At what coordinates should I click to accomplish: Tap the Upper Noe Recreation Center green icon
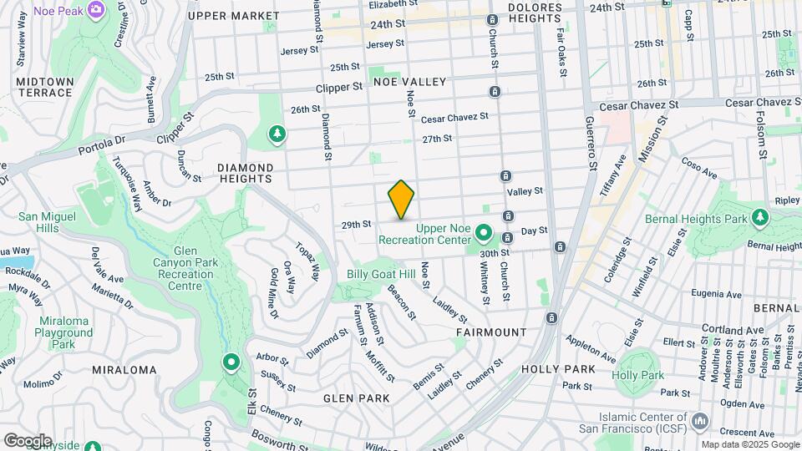click(x=483, y=233)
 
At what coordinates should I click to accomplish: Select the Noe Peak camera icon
click(x=95, y=9)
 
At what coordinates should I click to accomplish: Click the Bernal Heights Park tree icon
click(x=759, y=218)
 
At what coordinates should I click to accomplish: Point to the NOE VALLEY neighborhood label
click(x=410, y=82)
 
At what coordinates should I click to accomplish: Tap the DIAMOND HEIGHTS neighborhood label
click(x=246, y=172)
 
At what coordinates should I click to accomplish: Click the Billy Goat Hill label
click(x=381, y=275)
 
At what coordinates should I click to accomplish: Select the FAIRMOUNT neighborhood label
click(x=491, y=332)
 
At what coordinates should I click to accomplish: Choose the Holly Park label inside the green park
click(x=637, y=375)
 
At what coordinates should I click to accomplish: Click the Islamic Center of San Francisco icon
click(x=699, y=418)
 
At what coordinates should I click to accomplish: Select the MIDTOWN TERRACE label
click(x=45, y=86)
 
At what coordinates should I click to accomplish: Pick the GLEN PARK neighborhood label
click(x=352, y=398)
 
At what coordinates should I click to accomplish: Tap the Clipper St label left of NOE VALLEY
click(x=339, y=87)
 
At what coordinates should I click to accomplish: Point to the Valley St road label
click(x=525, y=191)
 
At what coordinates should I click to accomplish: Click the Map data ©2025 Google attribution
click(x=749, y=444)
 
